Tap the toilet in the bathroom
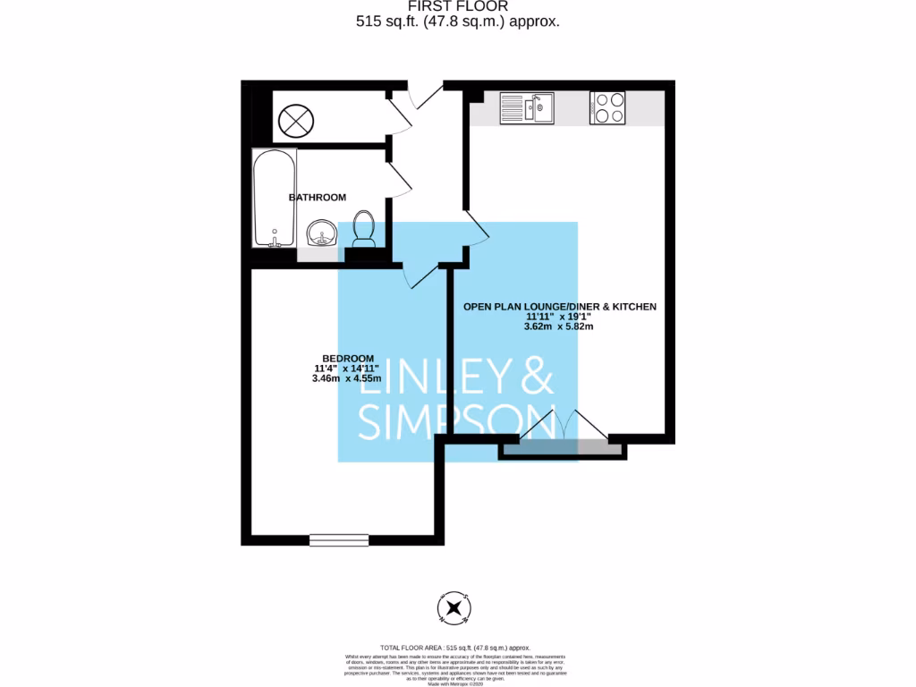[x=364, y=229]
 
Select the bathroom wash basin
[x=321, y=233]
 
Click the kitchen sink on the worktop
[x=527, y=108]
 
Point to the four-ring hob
[x=607, y=108]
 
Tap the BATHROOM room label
[x=317, y=197]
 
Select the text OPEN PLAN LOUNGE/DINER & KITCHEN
[x=559, y=306]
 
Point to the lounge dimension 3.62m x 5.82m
[x=559, y=327]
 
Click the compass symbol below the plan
[x=456, y=608]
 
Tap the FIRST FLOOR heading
[x=457, y=6]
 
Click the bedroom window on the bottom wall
[x=339, y=539]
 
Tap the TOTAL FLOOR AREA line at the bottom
[x=456, y=647]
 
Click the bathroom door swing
[x=399, y=177]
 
